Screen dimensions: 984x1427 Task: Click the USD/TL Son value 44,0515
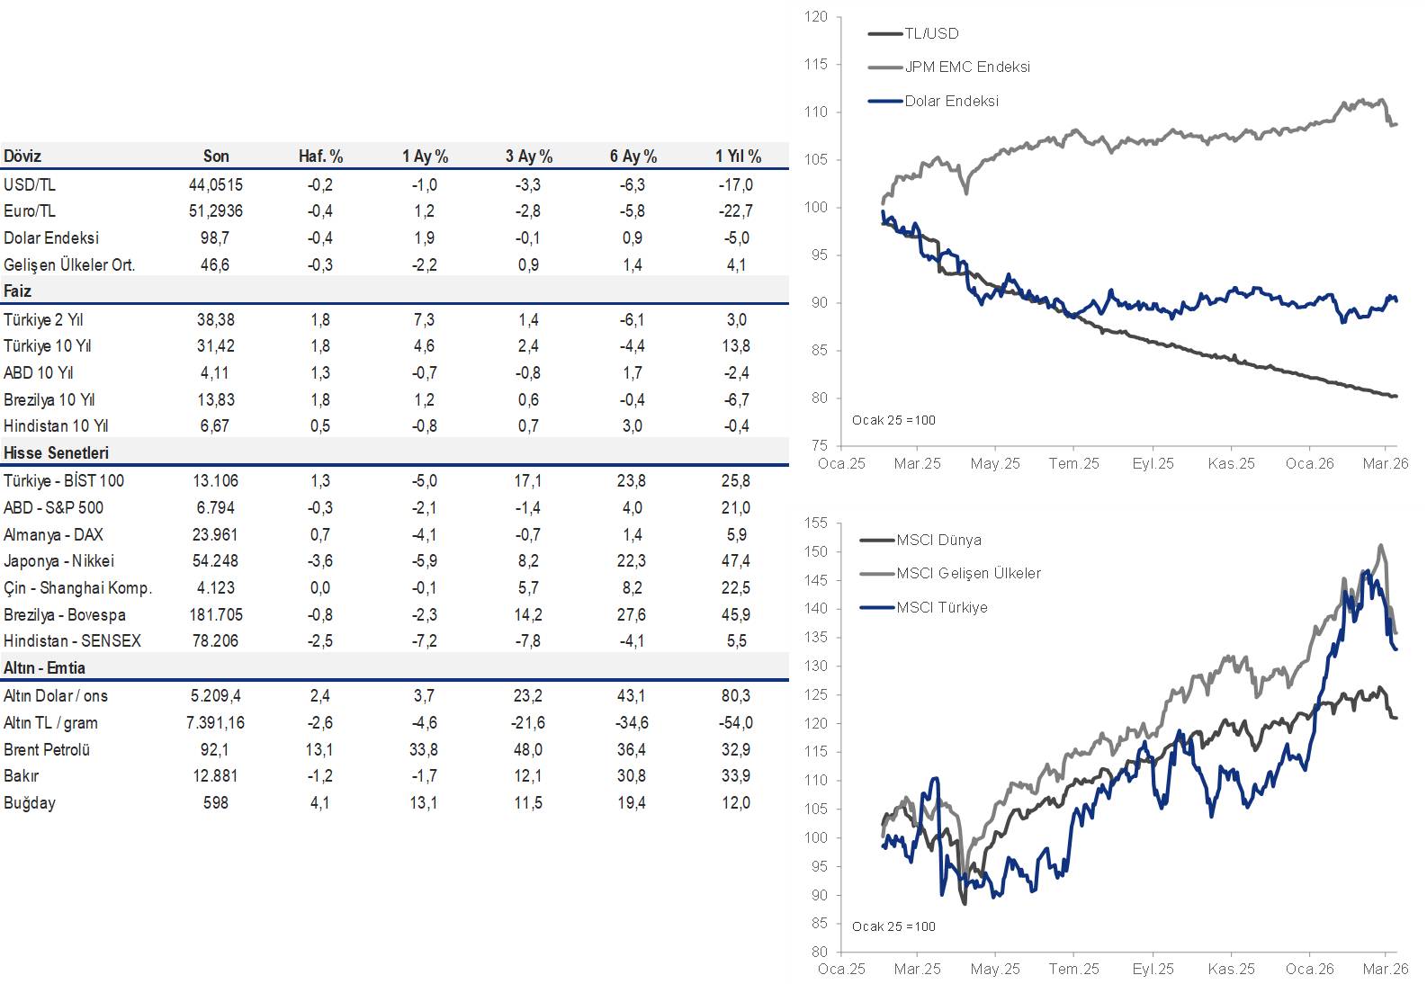click(x=215, y=184)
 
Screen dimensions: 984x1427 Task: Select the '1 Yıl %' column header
click(x=738, y=157)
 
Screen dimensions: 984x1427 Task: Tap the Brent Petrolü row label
click(x=47, y=749)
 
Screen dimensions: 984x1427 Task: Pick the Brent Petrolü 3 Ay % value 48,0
click(x=528, y=749)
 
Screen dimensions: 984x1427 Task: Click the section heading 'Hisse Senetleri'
click(x=56, y=452)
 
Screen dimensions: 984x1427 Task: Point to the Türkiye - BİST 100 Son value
click(x=215, y=480)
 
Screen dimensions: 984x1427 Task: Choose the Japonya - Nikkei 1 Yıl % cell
click(x=736, y=560)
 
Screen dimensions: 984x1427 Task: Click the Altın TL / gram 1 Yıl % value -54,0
click(x=736, y=722)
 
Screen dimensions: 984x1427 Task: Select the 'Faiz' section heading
click(x=18, y=291)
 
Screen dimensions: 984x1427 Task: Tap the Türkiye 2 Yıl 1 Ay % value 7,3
click(x=424, y=319)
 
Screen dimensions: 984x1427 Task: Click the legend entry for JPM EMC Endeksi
click(x=966, y=67)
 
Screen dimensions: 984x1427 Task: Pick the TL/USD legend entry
click(x=931, y=33)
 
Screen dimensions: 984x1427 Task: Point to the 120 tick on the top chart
click(x=815, y=16)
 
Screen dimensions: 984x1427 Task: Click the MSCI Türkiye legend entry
click(x=941, y=607)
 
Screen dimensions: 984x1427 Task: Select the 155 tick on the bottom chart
click(x=815, y=523)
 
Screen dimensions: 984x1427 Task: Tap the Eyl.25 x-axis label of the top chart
click(x=1153, y=463)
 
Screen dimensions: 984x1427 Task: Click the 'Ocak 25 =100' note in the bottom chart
click(x=893, y=926)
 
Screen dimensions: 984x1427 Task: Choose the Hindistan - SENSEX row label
click(x=72, y=640)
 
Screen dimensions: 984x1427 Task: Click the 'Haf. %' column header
click(x=320, y=157)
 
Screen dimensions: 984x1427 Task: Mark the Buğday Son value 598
click(x=215, y=802)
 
